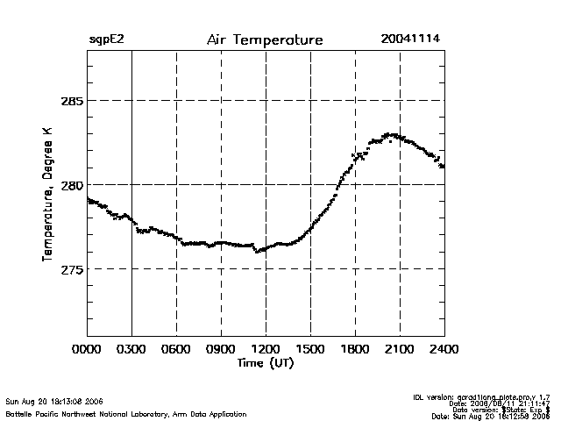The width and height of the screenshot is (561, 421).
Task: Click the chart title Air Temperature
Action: (265, 40)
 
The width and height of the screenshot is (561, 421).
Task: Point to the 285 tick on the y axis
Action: (71, 101)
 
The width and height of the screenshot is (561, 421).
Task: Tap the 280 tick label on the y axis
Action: (71, 185)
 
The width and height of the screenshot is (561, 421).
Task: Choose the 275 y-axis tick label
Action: (71, 269)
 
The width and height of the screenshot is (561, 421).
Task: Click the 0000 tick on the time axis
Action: (87, 350)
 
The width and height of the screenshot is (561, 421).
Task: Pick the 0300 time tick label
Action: (131, 350)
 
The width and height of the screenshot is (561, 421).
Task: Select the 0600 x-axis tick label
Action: (176, 350)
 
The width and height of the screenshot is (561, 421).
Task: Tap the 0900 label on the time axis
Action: (221, 350)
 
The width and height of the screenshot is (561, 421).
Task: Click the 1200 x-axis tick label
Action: (266, 350)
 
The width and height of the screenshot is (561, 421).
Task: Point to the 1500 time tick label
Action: (310, 350)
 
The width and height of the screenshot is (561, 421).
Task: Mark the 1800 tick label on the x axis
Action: (355, 350)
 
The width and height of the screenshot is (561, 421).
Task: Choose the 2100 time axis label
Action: (400, 350)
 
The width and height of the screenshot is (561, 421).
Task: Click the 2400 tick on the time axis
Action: (444, 350)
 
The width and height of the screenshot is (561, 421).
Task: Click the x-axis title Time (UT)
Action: (265, 363)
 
